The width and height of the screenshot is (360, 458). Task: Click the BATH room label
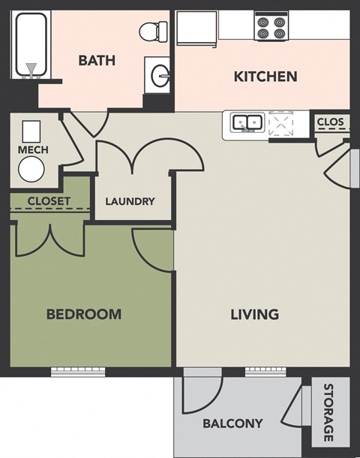pos(97,60)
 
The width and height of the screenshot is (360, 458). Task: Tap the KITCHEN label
pos(265,76)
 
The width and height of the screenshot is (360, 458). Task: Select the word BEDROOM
pos(84,314)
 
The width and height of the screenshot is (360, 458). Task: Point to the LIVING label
pos(254,314)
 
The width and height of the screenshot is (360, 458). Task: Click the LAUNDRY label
pos(130,201)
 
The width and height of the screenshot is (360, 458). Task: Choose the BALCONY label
pos(232,423)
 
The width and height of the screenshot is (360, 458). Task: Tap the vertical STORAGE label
pos(328,412)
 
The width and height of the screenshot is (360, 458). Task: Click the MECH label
pos(33,150)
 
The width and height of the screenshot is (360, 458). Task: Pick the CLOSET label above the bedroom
pos(49,201)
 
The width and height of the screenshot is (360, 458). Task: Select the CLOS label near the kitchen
pos(331,122)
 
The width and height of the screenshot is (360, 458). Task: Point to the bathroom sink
pos(160,75)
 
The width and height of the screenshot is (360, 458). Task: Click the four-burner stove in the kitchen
pos(271,28)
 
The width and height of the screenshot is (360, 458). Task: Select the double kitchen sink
pos(246,122)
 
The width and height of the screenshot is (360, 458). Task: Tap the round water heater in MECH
pos(31,171)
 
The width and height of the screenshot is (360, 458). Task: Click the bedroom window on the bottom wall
pos(78,371)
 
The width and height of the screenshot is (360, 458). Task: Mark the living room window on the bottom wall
pos(266,371)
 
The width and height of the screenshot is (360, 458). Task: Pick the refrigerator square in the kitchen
pos(196,29)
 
